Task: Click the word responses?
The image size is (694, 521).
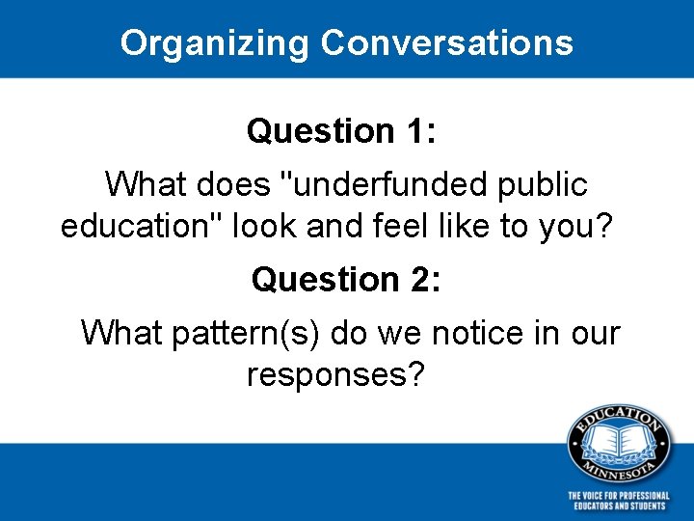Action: tap(334, 375)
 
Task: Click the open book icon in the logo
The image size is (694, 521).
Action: tap(618, 441)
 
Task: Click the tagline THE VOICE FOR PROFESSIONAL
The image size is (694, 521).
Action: tap(618, 495)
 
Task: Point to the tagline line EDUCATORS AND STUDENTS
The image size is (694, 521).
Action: tap(618, 506)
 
